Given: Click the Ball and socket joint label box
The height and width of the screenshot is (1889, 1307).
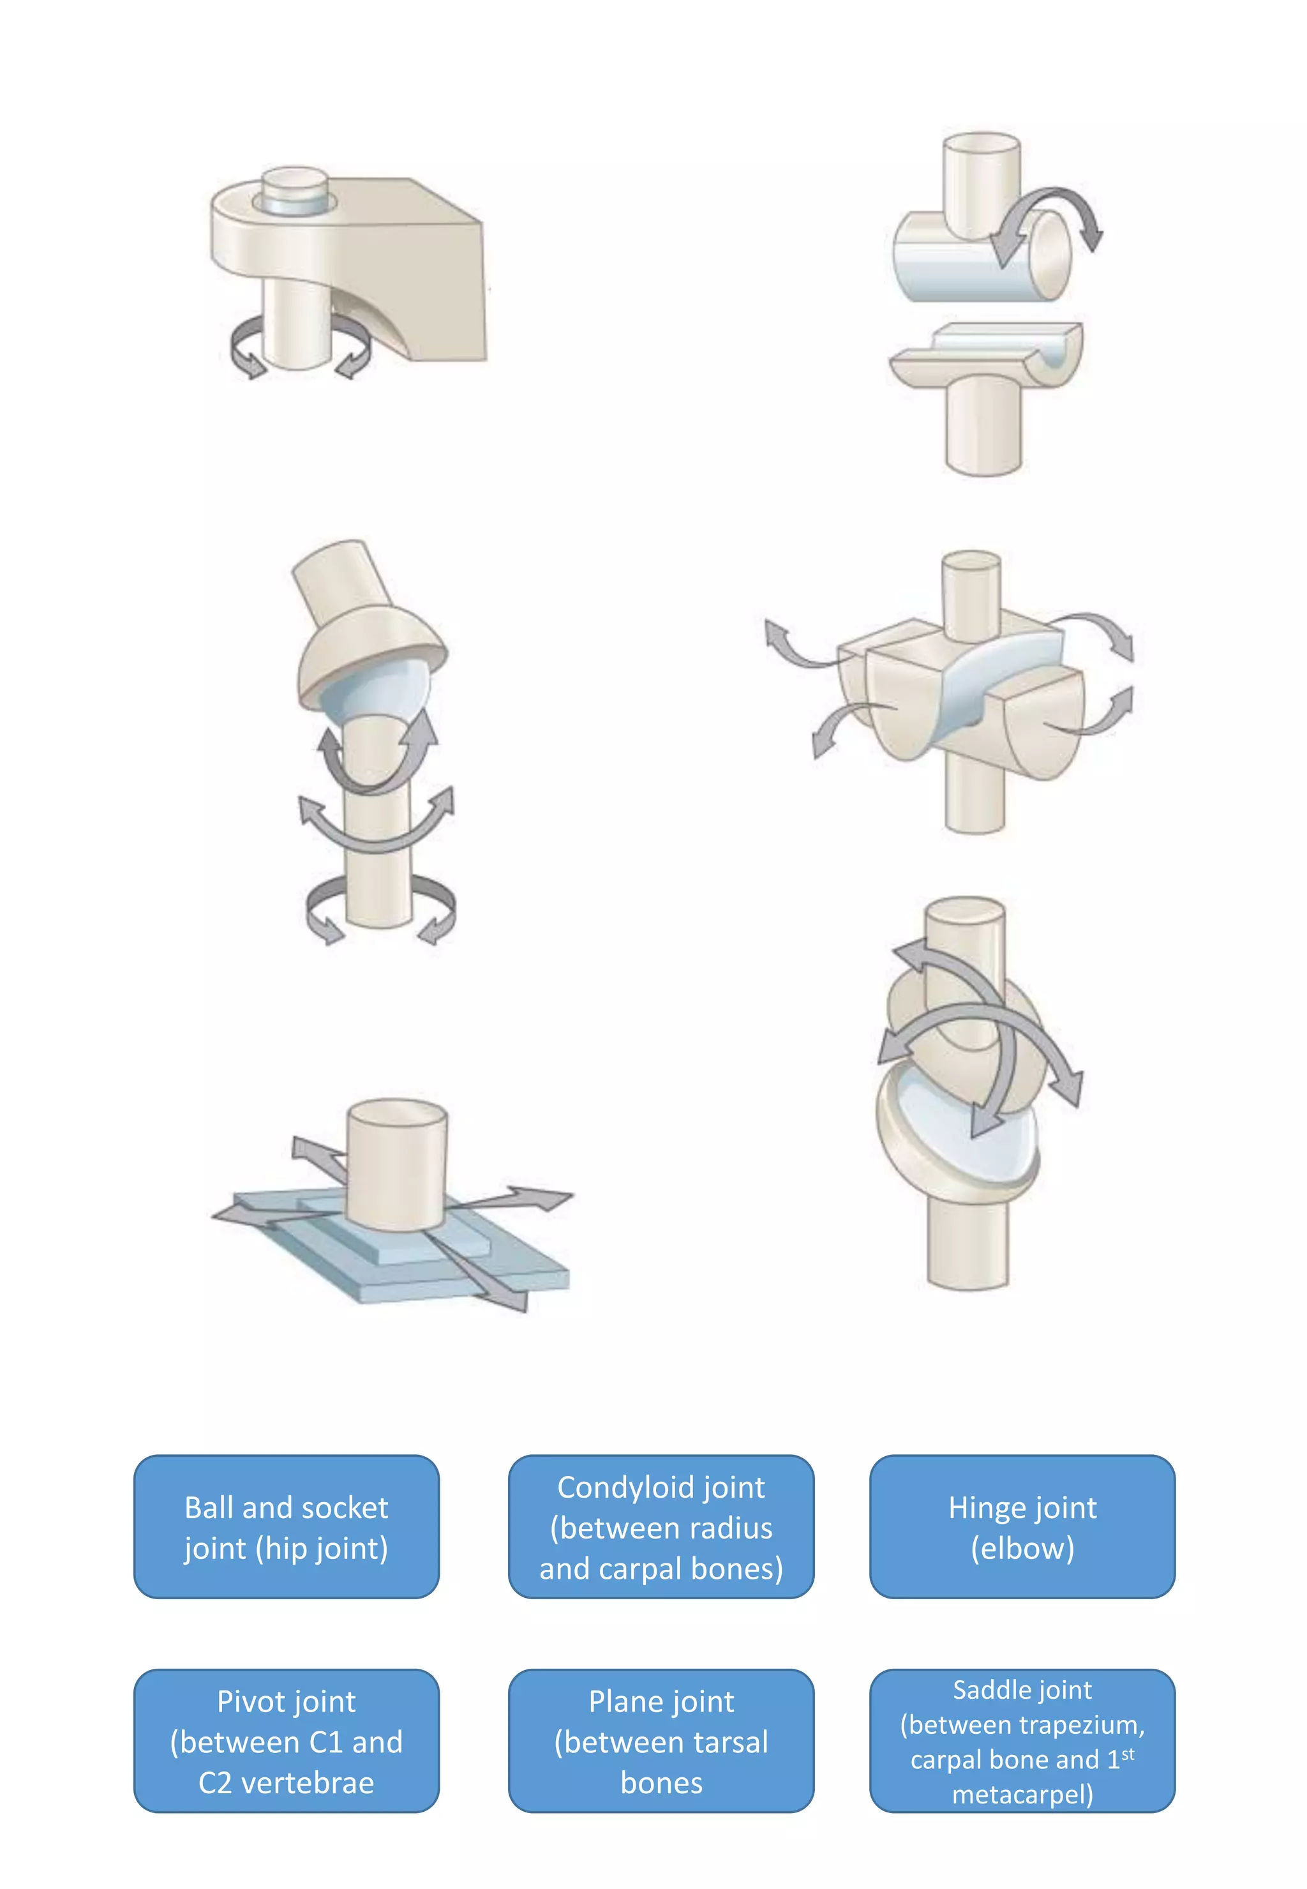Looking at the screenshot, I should coord(286,1527).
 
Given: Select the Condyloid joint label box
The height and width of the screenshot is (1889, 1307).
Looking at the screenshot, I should coord(661,1527).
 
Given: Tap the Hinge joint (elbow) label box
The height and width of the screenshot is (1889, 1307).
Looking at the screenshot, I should coord(1022,1527).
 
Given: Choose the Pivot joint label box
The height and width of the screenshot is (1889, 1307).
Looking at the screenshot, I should coord(286,1741).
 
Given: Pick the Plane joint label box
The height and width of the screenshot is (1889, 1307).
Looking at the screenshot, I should coord(661,1741).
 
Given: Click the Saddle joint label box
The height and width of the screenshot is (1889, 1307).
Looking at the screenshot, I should coord(1022,1741).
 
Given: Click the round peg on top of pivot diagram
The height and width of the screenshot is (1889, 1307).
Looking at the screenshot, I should coord(295,190).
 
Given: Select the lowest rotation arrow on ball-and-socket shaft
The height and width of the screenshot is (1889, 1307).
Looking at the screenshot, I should coord(381,909).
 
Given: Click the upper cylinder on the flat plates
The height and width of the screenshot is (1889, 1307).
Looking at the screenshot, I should coord(396,1163).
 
